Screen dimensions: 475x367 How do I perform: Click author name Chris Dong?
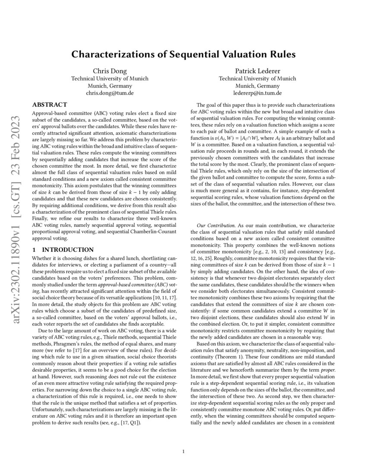click(109, 71)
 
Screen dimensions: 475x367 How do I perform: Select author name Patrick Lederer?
click(257, 71)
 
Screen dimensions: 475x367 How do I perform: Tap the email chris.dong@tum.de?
click(109, 92)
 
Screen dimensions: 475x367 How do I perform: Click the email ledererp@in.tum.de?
click(257, 92)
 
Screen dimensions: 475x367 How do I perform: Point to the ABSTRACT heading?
click(50, 104)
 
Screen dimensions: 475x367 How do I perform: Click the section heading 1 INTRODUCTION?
click(63, 250)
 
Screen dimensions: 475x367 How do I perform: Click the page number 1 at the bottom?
click(183, 452)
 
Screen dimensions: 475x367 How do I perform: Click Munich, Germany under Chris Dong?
click(109, 85)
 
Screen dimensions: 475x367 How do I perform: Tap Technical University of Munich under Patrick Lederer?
click(257, 79)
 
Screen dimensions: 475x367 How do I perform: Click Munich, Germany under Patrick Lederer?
click(257, 85)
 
